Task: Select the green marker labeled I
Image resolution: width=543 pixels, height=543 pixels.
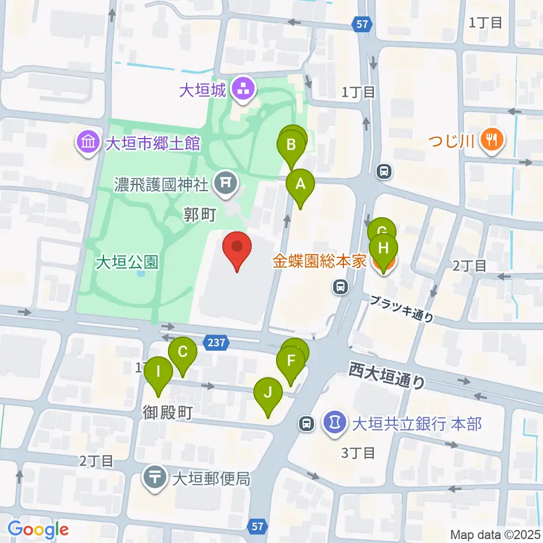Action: coord(158,373)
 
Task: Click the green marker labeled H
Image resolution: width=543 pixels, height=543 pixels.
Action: coord(383,249)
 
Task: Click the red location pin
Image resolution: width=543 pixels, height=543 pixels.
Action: coord(237,249)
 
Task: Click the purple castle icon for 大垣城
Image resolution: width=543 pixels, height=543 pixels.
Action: coord(244,89)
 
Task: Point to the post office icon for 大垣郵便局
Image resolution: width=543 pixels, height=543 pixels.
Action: coord(154,477)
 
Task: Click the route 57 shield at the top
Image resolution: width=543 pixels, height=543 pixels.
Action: coord(362,24)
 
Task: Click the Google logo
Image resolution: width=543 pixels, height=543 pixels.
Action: coord(38,529)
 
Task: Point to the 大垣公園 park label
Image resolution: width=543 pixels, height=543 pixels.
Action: coord(126,262)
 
